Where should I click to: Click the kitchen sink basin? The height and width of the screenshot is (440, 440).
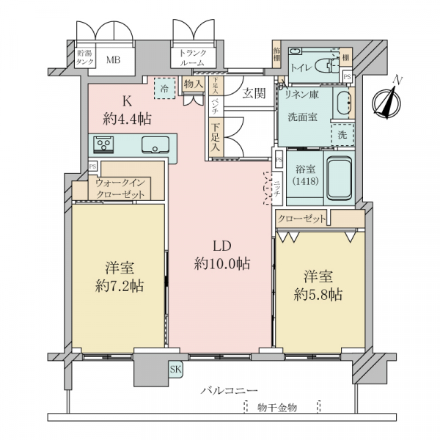pyautogui.click(x=155, y=142)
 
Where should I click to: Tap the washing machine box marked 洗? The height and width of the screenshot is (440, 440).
pyautogui.click(x=342, y=135)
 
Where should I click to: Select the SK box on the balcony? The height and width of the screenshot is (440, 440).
pyautogui.click(x=176, y=369)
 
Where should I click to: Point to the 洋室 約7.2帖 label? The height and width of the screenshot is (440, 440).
pyautogui.click(x=118, y=276)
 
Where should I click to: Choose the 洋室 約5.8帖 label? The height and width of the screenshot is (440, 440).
pyautogui.click(x=319, y=286)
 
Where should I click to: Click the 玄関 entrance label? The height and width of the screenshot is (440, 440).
pyautogui.click(x=254, y=93)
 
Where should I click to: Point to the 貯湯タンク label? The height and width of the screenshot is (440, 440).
pyautogui.click(x=85, y=58)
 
